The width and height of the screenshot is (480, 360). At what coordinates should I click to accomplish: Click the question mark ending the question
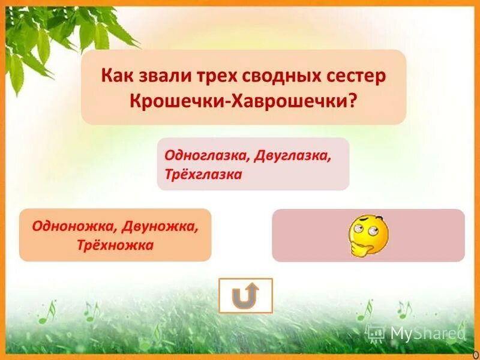click(352, 100)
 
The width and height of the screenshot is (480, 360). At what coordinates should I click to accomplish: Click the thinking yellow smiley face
click(368, 235)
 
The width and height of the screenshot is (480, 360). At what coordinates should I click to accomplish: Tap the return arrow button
click(245, 295)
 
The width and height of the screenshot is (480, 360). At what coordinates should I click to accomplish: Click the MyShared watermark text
click(427, 332)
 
